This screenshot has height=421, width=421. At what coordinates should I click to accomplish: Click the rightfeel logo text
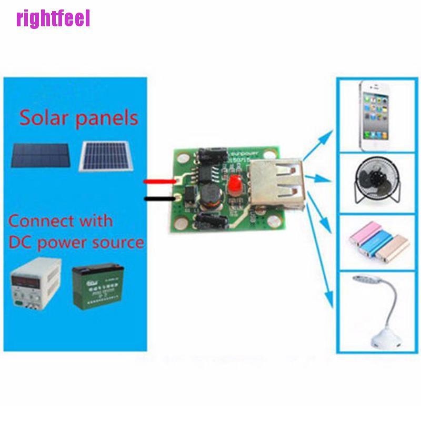[53, 18]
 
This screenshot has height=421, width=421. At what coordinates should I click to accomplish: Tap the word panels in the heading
[107, 118]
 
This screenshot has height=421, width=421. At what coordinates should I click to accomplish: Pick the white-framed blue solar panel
[105, 157]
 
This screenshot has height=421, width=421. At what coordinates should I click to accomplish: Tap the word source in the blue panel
[118, 242]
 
